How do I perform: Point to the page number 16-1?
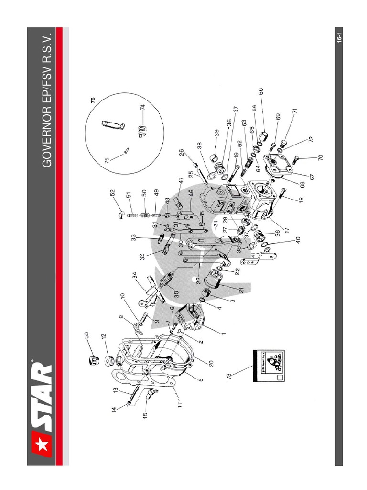pos(338,37)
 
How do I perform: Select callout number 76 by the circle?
pos(93,100)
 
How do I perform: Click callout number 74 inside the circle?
pos(142,108)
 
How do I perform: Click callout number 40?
pos(298,240)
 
